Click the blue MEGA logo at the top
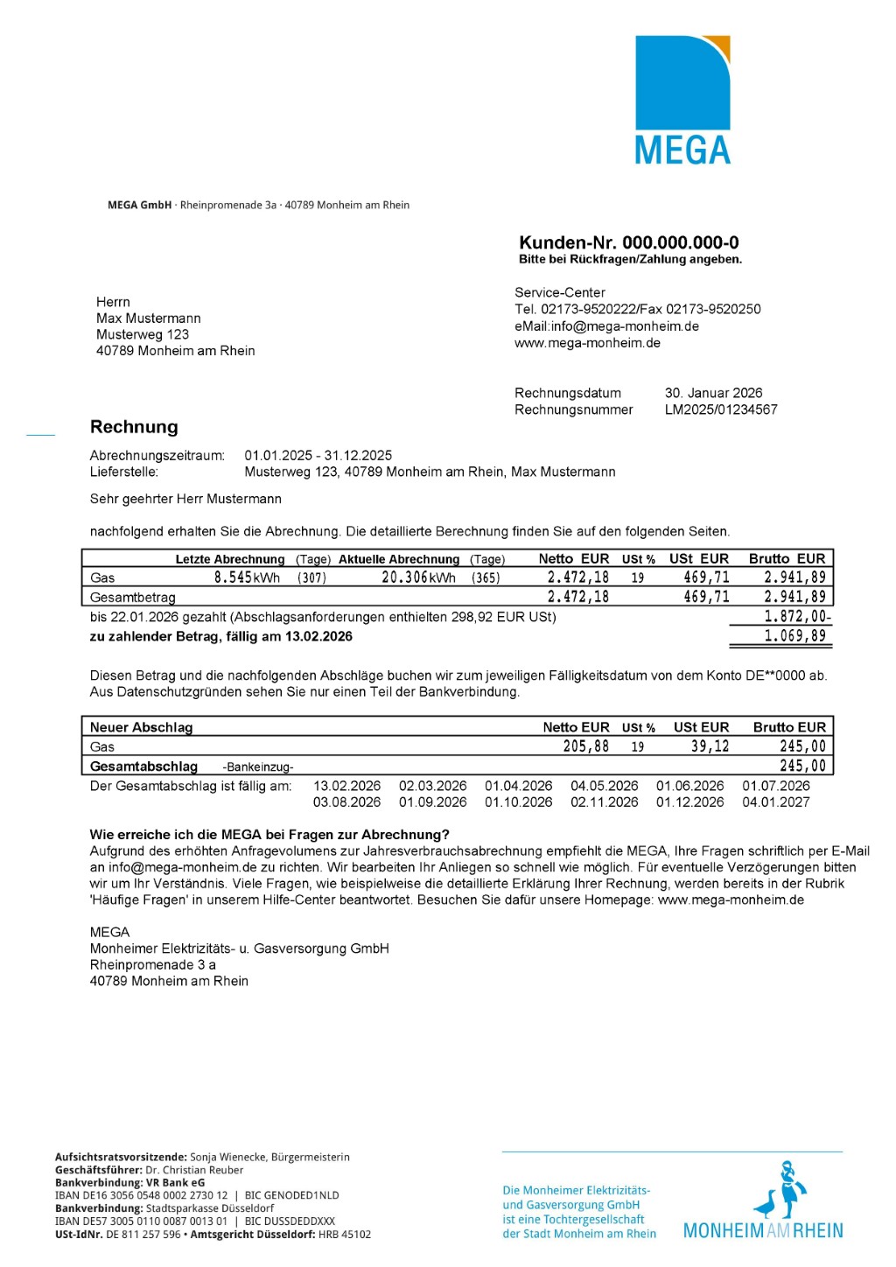point(682,100)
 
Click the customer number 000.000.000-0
point(680,242)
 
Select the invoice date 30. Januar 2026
point(713,393)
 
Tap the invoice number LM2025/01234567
point(720,409)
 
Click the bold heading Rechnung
point(134,427)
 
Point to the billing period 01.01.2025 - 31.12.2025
point(318,455)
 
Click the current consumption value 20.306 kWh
point(418,577)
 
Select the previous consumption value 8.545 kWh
point(247,577)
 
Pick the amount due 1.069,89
point(794,636)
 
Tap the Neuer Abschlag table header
point(141,727)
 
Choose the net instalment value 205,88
point(585,746)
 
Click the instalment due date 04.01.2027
point(775,801)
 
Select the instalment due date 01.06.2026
point(689,786)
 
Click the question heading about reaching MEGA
point(269,834)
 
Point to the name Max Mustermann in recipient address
point(148,318)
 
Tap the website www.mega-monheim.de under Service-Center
point(587,343)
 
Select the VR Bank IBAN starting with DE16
point(141,1195)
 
